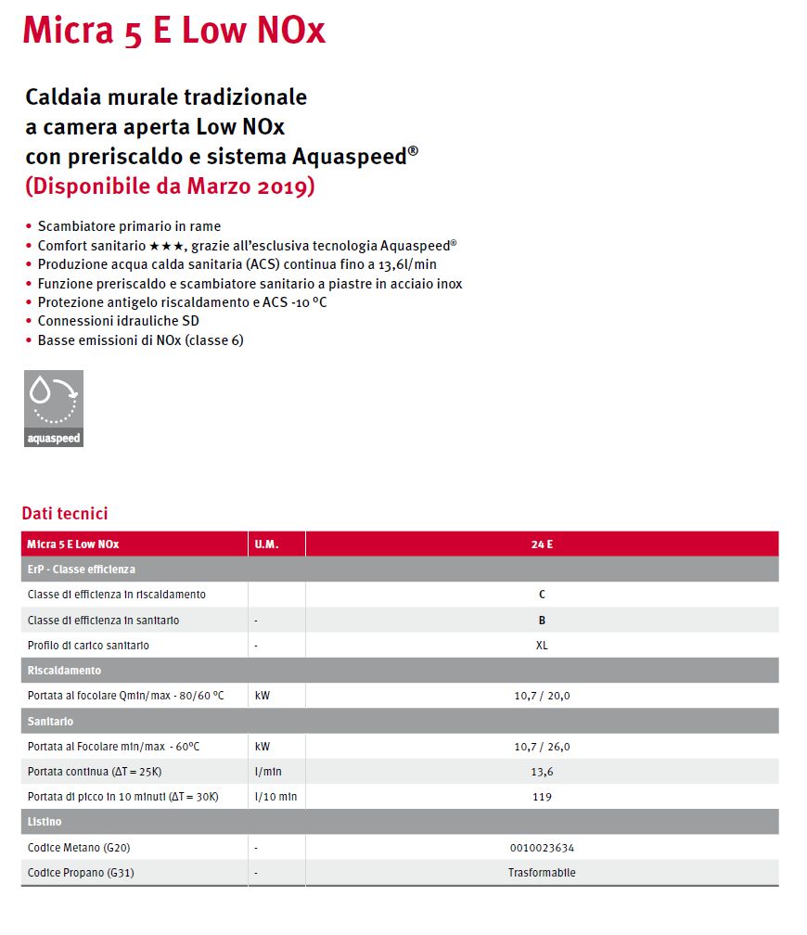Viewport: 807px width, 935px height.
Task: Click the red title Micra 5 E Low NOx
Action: (x=173, y=31)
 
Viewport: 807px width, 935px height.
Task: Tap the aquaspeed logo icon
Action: (x=53, y=408)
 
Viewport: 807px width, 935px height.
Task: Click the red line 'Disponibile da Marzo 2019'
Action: (x=170, y=186)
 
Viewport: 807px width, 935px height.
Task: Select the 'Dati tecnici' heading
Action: (x=65, y=513)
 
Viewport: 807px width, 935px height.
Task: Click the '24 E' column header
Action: (x=542, y=544)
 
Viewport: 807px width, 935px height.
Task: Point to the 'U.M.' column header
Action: (x=266, y=544)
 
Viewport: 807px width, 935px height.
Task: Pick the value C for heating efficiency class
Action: (x=542, y=595)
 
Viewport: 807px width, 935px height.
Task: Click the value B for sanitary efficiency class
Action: (x=542, y=621)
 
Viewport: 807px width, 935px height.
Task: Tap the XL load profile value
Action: (x=542, y=646)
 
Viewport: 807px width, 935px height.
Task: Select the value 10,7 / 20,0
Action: (x=542, y=696)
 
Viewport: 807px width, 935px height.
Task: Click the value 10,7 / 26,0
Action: (x=542, y=747)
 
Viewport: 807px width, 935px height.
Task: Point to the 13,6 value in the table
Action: (x=542, y=772)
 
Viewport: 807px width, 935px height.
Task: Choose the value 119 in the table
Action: (x=542, y=797)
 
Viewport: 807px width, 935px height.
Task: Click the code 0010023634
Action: (x=542, y=848)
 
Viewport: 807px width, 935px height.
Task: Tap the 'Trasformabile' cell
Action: (x=542, y=873)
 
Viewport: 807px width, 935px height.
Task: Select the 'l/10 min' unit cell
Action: (x=275, y=797)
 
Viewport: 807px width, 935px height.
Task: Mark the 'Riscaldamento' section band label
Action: (x=64, y=670)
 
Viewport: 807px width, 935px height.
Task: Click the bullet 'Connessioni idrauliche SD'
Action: (x=118, y=321)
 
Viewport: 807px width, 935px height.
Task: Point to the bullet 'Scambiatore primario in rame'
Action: (x=129, y=226)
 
